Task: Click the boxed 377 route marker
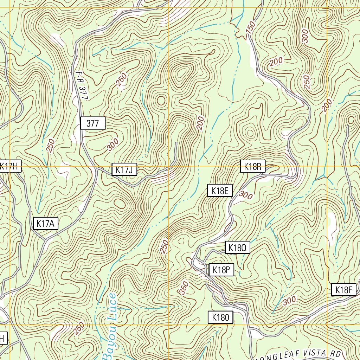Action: click(92, 123)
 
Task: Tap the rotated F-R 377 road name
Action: click(81, 86)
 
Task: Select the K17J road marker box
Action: click(124, 170)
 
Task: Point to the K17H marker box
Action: click(10, 166)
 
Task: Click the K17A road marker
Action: click(46, 224)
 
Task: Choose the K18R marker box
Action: click(252, 167)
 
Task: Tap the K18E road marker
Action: click(220, 191)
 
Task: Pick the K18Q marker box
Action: click(237, 248)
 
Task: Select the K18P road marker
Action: click(221, 270)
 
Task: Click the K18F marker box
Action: click(344, 290)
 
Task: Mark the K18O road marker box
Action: click(220, 318)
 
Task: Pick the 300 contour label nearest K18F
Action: click(289, 300)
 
